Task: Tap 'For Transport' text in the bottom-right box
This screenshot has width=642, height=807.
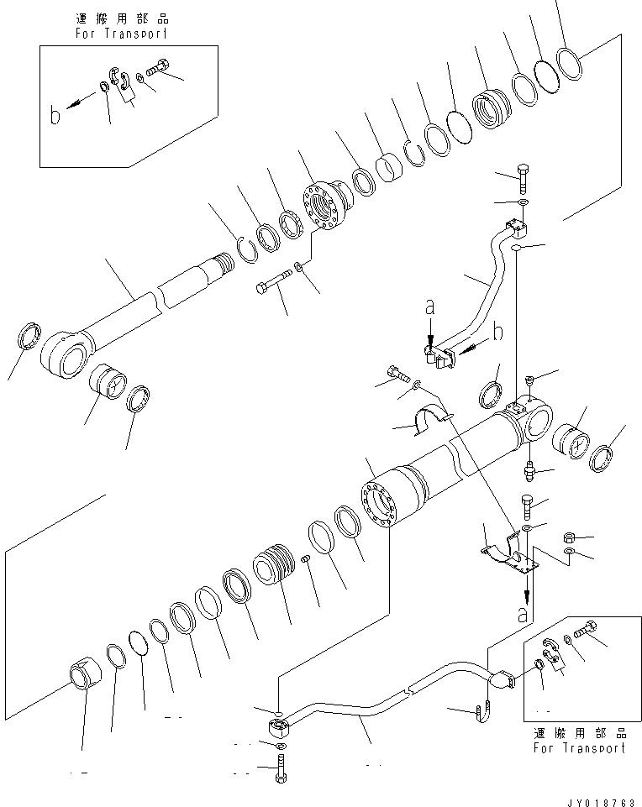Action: (579, 747)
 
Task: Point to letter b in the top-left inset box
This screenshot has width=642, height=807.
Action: (55, 115)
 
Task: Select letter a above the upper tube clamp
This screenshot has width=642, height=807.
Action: (429, 309)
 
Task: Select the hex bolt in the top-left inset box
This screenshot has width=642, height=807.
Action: (159, 69)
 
